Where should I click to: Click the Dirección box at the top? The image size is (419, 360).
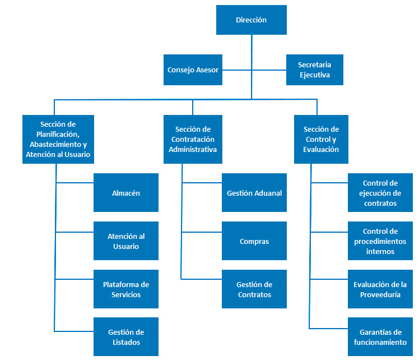tap(251, 20)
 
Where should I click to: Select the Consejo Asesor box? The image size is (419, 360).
tap(193, 70)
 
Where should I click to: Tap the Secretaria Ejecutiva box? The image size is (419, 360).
tap(314, 70)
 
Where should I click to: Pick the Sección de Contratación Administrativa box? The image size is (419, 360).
tap(193, 140)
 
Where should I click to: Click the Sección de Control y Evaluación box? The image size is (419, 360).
tap(321, 140)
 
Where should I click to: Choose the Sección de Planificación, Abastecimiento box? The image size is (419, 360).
tap(58, 140)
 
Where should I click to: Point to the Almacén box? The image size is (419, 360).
tap(126, 193)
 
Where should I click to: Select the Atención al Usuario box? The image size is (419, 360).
tap(126, 241)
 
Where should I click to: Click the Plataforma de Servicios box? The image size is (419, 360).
tap(126, 289)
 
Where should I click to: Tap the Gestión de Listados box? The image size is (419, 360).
tap(126, 337)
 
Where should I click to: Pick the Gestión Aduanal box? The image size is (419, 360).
tap(254, 193)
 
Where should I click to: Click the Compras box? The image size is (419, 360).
tap(254, 241)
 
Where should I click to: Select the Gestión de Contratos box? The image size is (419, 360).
tap(254, 289)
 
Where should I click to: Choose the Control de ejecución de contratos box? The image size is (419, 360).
tap(380, 193)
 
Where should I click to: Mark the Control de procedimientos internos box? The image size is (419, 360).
tap(380, 241)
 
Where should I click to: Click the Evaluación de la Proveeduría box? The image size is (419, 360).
tap(380, 289)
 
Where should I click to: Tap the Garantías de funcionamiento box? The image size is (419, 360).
tap(380, 337)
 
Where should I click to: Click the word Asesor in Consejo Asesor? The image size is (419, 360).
tap(207, 70)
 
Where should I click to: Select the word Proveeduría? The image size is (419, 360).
tap(380, 295)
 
